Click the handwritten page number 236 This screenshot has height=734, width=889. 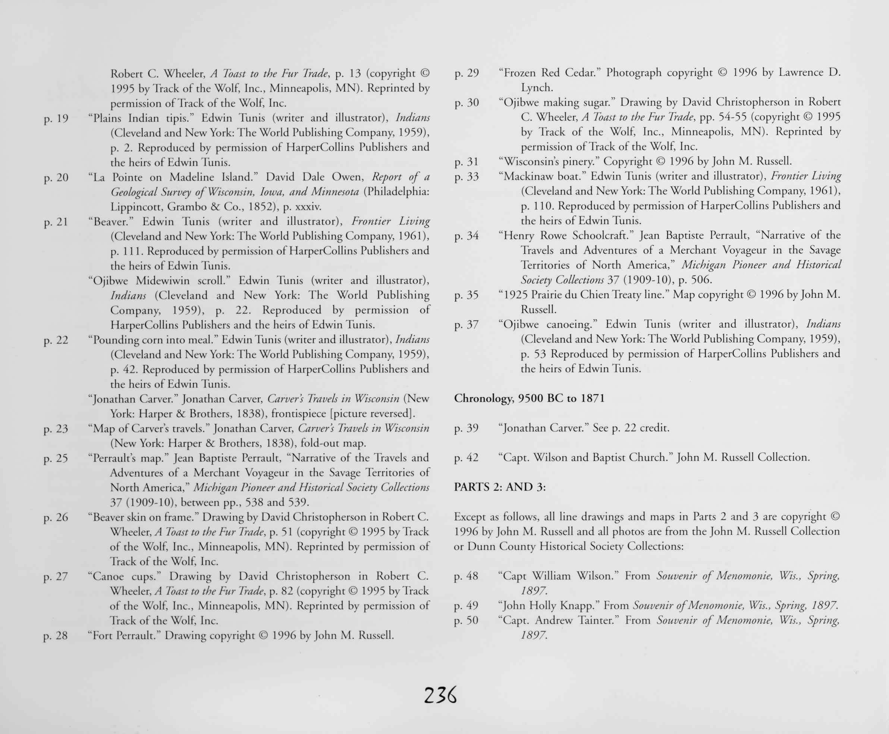coord(440,696)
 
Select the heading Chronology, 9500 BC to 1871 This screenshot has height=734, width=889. coord(529,398)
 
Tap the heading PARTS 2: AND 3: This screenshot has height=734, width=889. coord(500,487)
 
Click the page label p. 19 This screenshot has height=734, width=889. coord(56,118)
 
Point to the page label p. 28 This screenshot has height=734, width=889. coord(56,636)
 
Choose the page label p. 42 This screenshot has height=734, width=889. coord(466,458)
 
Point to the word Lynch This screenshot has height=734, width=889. coord(537,88)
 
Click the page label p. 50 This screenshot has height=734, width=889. coord(466,621)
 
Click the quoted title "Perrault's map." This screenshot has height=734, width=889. coord(129,458)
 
